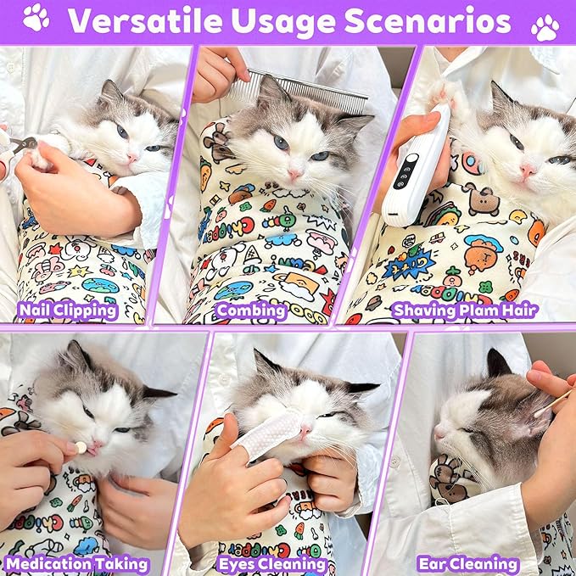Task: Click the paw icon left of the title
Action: coord(36,18)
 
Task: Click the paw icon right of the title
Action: coord(544,27)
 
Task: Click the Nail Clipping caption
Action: coord(66,310)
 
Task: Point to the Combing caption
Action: coord(251,310)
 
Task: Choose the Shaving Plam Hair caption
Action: coord(465,310)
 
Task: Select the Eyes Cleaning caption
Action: coord(271,563)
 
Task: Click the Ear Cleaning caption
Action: coord(467,563)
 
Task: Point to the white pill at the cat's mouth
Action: coord(81,447)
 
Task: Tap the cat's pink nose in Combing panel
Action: coord(294,173)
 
